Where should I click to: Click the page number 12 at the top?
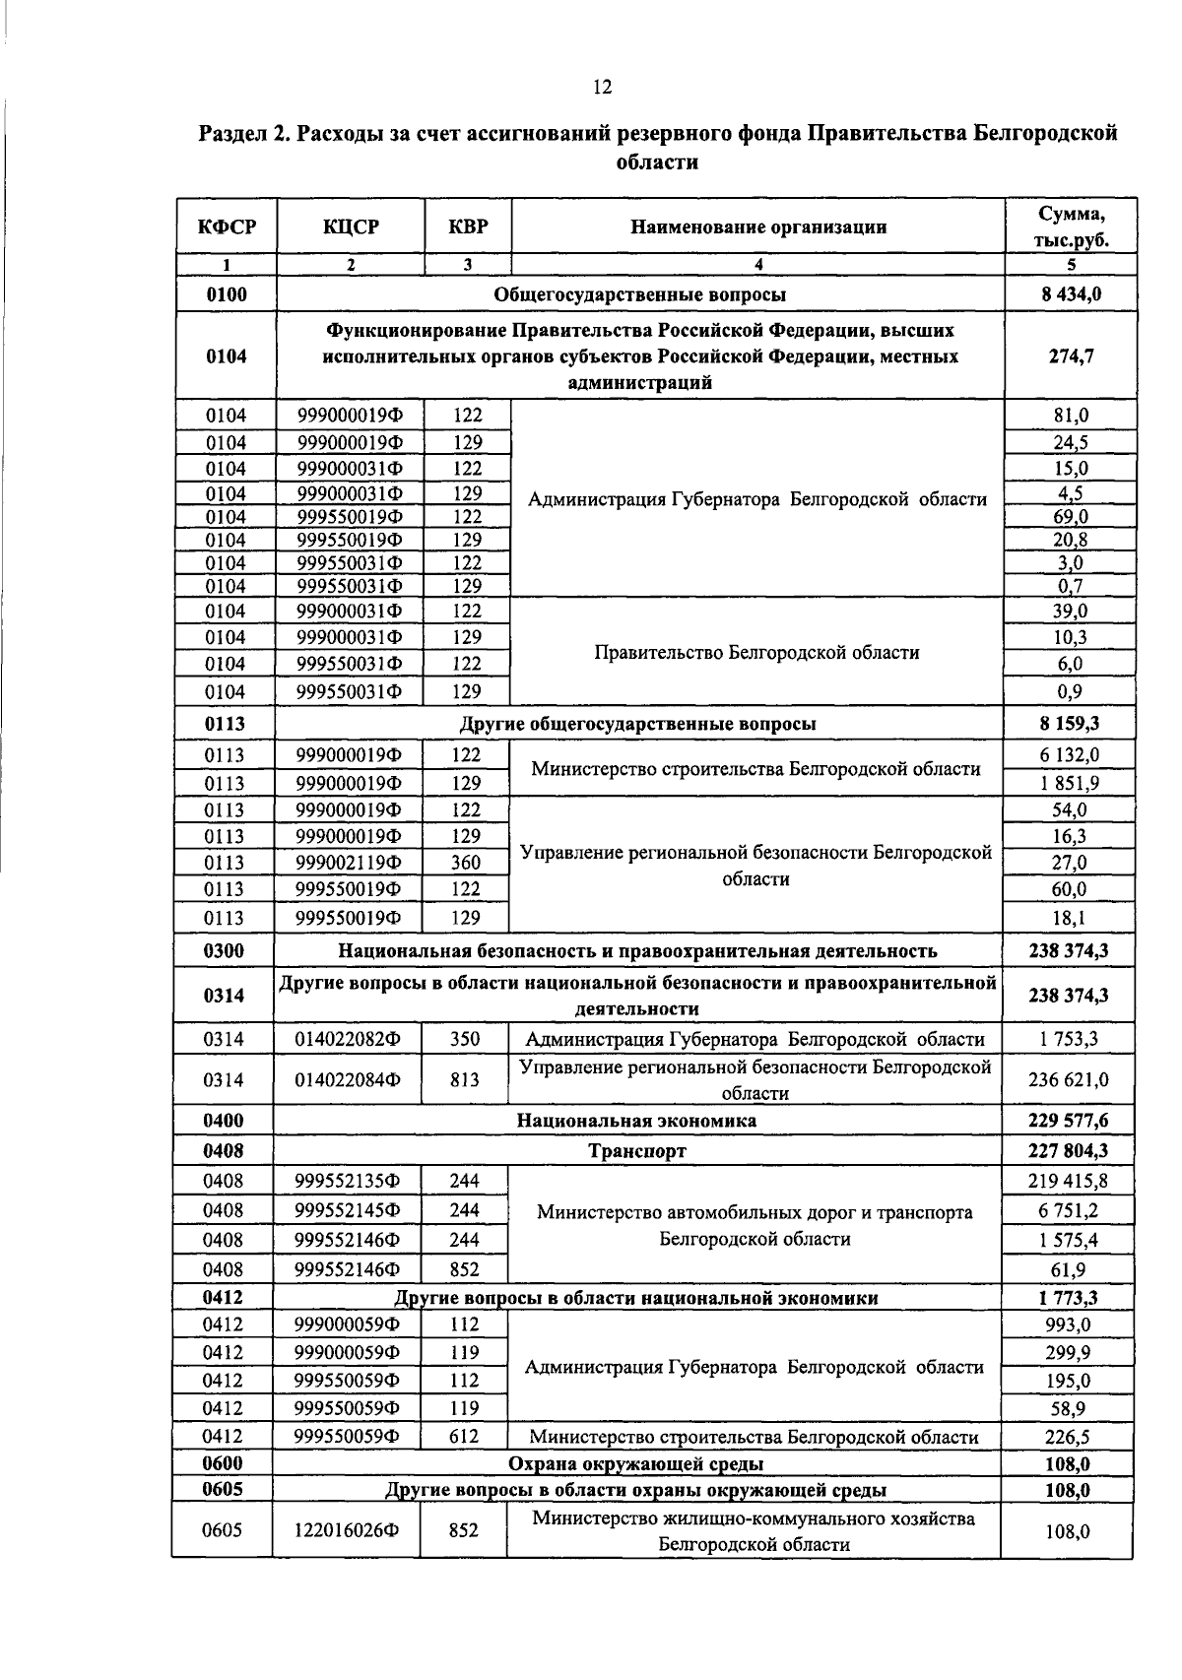(x=603, y=88)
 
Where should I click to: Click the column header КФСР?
(x=227, y=227)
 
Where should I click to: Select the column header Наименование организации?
(x=758, y=227)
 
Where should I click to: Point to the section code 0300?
(x=224, y=950)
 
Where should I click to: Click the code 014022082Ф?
(x=348, y=1039)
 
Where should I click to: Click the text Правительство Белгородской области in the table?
(x=757, y=652)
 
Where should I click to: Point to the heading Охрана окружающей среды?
(x=636, y=1463)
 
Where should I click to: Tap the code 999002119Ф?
(x=349, y=863)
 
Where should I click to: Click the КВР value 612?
(x=464, y=1436)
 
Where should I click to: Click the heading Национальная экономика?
(x=636, y=1121)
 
